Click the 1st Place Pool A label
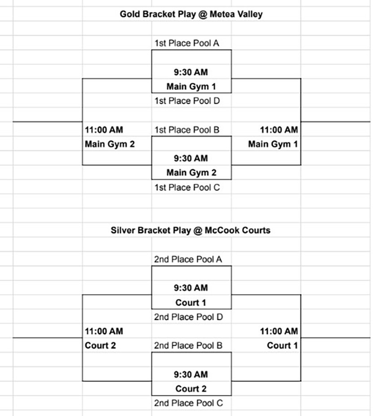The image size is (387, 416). (187, 43)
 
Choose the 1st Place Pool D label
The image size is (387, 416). (187, 101)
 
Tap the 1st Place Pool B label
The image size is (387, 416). (187, 130)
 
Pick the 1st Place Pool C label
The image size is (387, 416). (187, 187)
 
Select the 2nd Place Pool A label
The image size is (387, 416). (188, 259)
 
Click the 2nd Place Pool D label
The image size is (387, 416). (188, 317)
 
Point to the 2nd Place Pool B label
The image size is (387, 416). (188, 345)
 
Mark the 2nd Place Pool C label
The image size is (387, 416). (188, 403)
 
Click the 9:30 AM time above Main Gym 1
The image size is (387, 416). (191, 72)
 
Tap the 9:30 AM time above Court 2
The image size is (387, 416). (191, 374)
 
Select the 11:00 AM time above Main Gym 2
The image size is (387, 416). (104, 130)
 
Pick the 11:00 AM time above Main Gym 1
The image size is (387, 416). (279, 130)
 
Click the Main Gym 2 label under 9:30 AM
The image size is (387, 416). (191, 173)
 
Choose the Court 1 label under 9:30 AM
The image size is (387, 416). (191, 302)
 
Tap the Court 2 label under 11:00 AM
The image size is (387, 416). (100, 345)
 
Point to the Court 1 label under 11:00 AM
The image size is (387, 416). (282, 345)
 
